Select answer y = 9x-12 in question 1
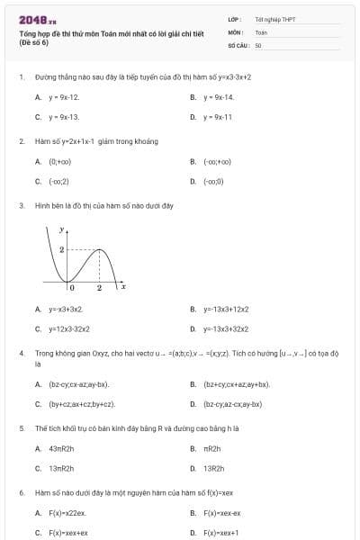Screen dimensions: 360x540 click(x=63, y=97)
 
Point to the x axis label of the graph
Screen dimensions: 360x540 click(x=122, y=286)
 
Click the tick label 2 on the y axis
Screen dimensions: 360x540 click(x=61, y=249)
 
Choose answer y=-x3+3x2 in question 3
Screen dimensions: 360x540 click(x=66, y=309)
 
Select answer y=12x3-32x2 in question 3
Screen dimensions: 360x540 click(x=69, y=328)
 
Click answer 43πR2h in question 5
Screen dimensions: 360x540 click(x=61, y=448)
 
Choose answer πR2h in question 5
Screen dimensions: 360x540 click(x=212, y=448)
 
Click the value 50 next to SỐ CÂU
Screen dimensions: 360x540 click(x=258, y=44)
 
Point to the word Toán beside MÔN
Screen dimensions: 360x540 click(x=261, y=31)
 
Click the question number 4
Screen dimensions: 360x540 click(x=21, y=354)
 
